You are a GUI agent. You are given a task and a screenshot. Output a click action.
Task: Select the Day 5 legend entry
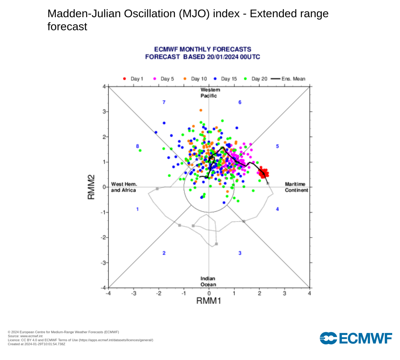[x=164, y=79]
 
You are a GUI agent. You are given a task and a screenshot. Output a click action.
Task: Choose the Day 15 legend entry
[x=225, y=79]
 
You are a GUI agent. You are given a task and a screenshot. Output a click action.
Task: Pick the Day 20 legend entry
[x=256, y=79]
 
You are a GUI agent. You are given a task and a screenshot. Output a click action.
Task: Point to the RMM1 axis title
[x=209, y=301]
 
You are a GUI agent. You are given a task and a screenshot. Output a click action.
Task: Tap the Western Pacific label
[x=209, y=93]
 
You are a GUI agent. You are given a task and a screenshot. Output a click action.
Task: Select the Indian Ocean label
[x=208, y=282]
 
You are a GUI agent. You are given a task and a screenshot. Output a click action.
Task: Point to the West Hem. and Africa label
[x=123, y=187]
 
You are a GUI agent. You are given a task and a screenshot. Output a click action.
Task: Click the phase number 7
[x=164, y=102]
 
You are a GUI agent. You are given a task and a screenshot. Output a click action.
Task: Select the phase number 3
[x=240, y=253]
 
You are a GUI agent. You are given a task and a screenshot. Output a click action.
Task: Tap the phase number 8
[x=137, y=146]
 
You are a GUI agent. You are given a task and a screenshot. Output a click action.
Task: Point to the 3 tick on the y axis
[x=104, y=112]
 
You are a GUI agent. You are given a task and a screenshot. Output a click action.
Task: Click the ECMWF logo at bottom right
[x=355, y=338]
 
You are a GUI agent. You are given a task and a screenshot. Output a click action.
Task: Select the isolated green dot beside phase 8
[x=140, y=150]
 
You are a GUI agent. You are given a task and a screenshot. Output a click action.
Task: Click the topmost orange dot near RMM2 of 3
[x=201, y=110]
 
